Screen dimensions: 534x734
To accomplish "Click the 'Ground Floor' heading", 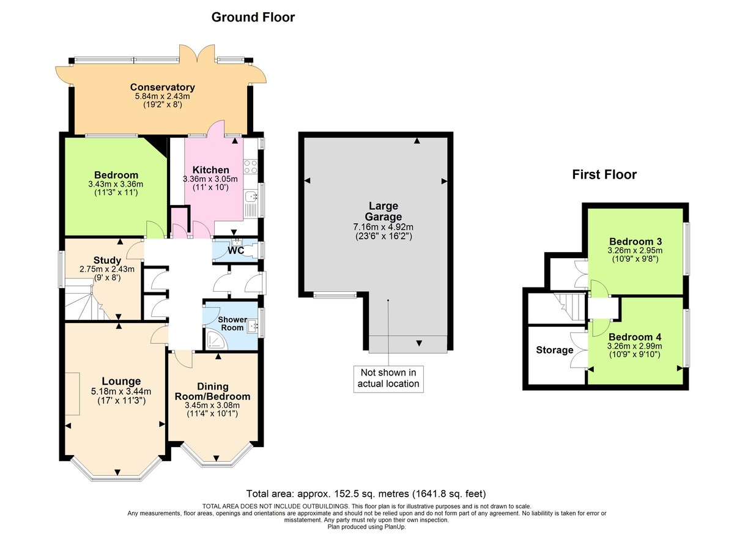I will point(253,17).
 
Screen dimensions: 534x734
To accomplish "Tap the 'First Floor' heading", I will point(604,175).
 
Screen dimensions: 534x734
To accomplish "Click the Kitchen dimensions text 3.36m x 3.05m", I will point(206,179).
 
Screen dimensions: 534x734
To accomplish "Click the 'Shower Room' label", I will point(232,324).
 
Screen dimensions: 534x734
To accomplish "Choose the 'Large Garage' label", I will point(385,211).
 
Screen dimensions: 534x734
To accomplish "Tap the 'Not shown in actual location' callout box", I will point(388,378).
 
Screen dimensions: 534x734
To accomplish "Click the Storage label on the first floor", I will point(555,350).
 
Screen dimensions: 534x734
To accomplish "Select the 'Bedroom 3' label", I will point(636,240).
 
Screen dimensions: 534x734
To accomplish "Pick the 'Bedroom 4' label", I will point(636,337).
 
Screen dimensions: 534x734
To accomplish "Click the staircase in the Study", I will point(86,300).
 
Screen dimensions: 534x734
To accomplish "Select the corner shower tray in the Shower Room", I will point(212,340).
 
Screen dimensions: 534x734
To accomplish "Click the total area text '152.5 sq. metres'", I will point(339,494).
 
